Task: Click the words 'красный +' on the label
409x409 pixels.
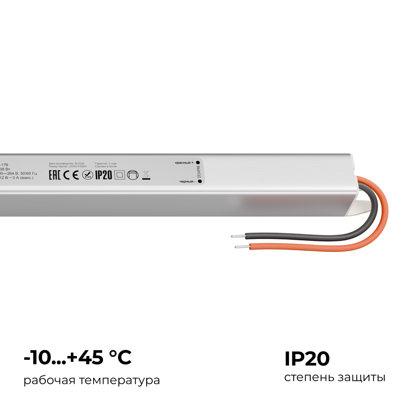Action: [184, 162]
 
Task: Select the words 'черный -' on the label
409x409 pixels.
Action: [187, 182]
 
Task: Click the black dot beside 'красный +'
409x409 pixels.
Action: [198, 162]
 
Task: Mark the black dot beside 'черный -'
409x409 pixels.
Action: [199, 182]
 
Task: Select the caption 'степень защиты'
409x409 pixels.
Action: [335, 378]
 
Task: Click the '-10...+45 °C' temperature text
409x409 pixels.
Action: [78, 358]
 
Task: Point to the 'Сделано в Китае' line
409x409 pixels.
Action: [106, 166]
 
